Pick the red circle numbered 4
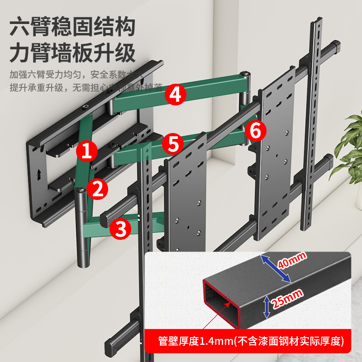click(176, 95)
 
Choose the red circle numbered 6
click(255, 131)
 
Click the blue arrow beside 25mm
click(267, 306)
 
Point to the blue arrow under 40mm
click(276, 269)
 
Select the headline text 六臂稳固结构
click(72, 28)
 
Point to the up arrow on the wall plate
click(39, 172)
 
